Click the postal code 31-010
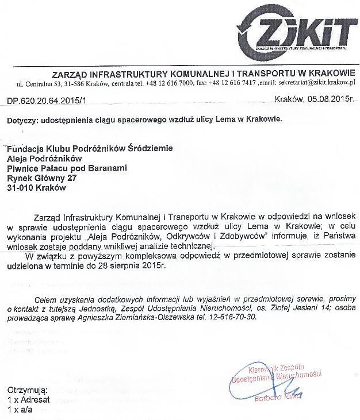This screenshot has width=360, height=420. click(21, 187)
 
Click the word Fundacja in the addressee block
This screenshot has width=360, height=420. click(24, 148)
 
